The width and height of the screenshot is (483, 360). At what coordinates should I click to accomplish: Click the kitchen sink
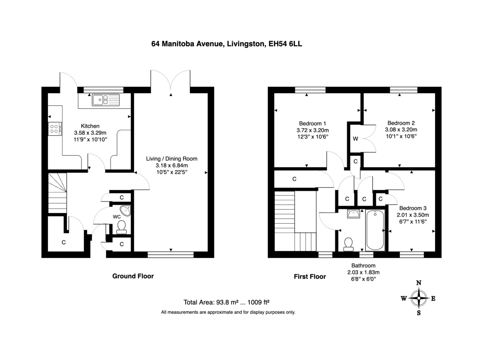coord(105,100)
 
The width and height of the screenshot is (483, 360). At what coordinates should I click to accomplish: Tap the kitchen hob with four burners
coord(55,129)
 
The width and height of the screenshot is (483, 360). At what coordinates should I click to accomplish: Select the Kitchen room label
coord(90,126)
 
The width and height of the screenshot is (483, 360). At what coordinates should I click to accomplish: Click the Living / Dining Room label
coord(171,158)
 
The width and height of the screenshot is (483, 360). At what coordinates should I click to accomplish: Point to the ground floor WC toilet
coord(121,227)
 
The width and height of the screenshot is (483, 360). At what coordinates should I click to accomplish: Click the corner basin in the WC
coord(126,211)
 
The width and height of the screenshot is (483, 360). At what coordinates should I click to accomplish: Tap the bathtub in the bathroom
coord(375,230)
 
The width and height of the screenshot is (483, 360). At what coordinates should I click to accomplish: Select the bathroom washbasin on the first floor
coord(354,214)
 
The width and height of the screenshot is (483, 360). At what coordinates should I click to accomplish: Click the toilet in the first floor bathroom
coord(348,244)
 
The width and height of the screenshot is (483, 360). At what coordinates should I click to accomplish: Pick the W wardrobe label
coord(355,139)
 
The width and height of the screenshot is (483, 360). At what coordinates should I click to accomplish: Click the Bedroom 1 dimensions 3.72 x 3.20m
coord(312,130)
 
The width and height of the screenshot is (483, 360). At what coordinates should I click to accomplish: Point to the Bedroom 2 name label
coord(401,123)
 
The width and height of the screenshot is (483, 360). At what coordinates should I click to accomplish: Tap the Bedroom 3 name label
coord(413,208)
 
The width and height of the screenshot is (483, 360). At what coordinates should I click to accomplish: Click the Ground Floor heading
coord(133,276)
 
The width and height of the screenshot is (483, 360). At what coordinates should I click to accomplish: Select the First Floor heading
coord(310,277)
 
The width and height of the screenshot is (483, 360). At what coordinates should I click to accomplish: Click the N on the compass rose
coord(419,283)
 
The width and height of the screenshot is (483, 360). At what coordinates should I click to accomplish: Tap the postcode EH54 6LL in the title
coord(285,44)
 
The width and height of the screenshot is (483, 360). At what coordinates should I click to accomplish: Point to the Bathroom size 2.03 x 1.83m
coord(363,272)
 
